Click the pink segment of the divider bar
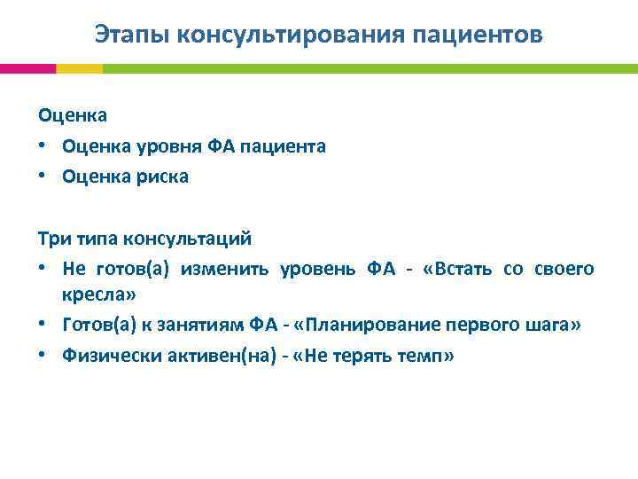[27, 68]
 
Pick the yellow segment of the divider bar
[79, 68]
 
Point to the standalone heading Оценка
[73, 115]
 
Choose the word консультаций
[196, 239]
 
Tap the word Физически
[108, 356]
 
